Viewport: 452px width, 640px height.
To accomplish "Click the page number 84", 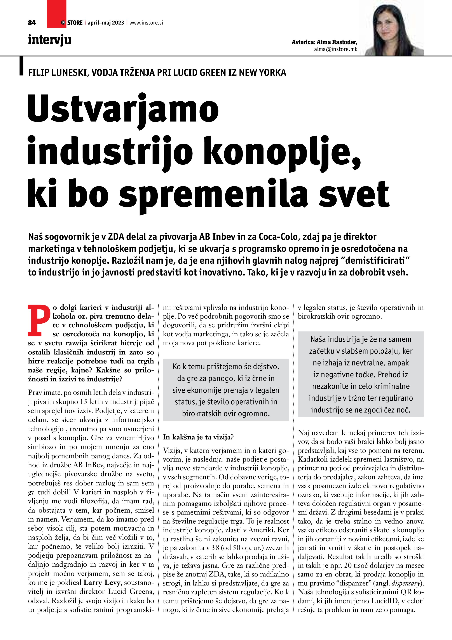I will pos(32,23).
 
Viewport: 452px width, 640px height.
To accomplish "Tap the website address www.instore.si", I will pos(146,23).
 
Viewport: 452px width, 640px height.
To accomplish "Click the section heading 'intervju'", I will pos(50,40).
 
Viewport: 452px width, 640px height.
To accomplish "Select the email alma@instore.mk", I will pos(335,49).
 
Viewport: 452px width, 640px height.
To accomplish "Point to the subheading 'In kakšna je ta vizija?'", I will pos(198,437).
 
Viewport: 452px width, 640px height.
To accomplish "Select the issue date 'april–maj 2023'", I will pos(106,23).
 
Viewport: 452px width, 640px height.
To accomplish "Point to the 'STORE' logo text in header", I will pos(75,23).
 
